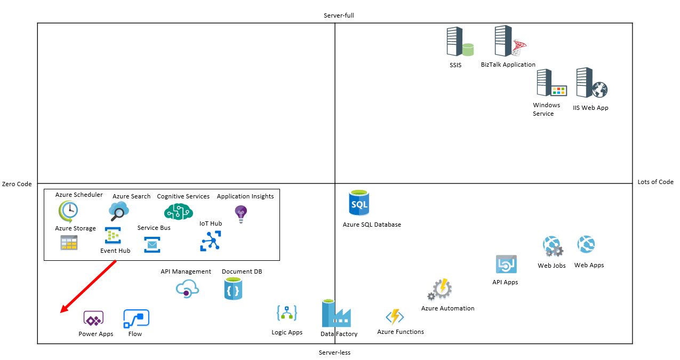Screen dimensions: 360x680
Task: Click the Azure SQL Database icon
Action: (358, 203)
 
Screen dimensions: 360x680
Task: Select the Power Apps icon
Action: (93, 319)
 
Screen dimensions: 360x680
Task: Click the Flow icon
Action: (136, 319)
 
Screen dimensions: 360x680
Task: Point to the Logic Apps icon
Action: (286, 313)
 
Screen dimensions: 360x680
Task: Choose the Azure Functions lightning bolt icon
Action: (395, 317)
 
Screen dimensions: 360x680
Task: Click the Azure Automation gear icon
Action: (441, 290)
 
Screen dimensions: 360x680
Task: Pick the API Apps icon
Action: (506, 265)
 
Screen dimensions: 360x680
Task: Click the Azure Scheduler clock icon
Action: (68, 211)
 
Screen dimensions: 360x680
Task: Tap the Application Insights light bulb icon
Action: (241, 214)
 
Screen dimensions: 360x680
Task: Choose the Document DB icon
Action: (233, 289)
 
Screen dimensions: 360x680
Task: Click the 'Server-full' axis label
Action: (339, 15)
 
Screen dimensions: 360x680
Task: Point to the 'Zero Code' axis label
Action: (17, 184)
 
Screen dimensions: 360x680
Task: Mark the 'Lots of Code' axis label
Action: (655, 182)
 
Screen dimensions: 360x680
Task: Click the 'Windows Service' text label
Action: (546, 109)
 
